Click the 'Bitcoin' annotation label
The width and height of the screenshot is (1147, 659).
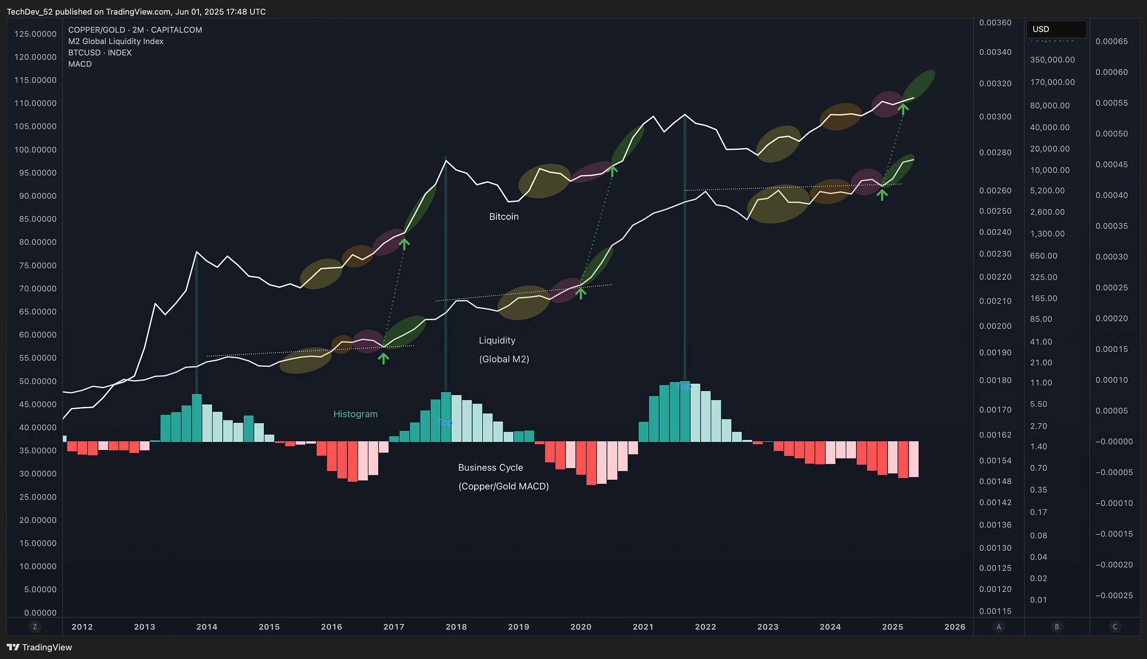504,217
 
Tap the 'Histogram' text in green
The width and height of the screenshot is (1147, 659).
355,414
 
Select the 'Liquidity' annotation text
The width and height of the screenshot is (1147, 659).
497,340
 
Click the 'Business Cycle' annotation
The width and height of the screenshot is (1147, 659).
490,468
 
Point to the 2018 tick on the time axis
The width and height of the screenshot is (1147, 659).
456,627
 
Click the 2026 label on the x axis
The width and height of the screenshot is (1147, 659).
954,627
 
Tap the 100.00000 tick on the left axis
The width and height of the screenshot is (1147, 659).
35,150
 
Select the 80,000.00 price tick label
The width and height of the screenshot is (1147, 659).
1050,106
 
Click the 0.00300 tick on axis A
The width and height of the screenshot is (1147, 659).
995,117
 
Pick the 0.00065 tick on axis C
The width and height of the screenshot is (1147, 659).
1111,42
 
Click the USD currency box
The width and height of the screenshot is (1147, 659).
1056,29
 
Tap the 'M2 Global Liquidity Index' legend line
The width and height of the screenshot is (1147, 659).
116,42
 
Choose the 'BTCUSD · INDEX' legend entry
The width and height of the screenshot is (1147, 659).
100,53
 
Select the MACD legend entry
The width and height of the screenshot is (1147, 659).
80,64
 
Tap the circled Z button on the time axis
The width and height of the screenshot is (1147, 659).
34,627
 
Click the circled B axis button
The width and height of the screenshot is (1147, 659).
1057,627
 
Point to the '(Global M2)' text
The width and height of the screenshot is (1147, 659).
504,359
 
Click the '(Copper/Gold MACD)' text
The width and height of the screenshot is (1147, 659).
503,486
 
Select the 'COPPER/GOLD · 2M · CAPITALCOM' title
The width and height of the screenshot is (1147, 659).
135,30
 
